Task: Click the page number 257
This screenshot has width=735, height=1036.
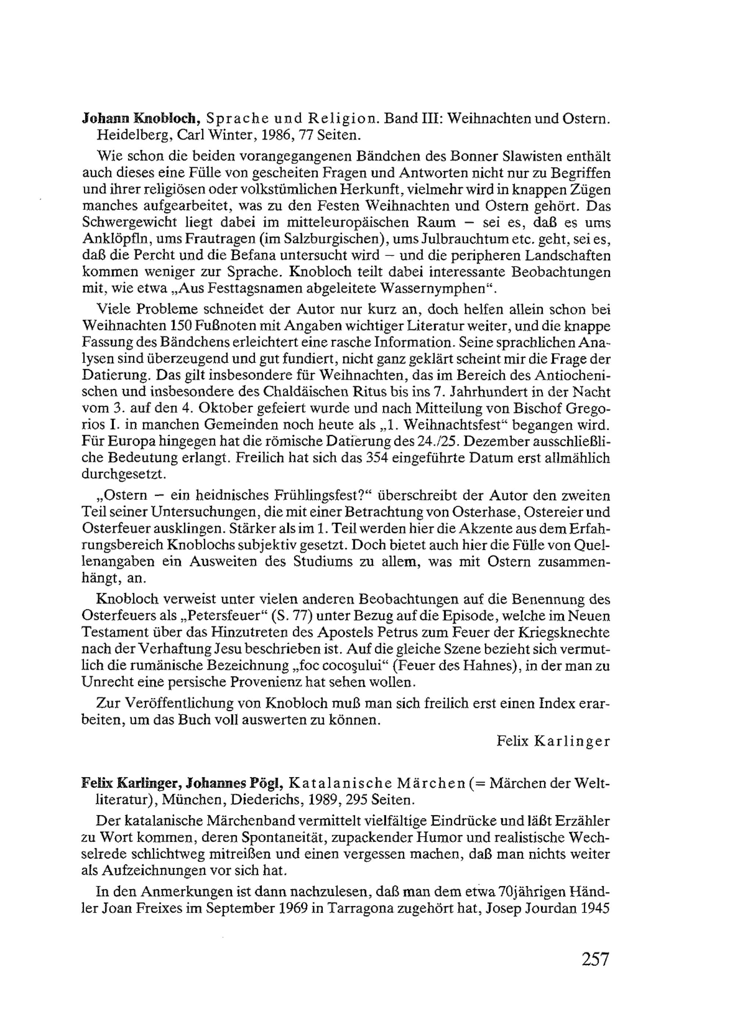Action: point(596,960)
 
